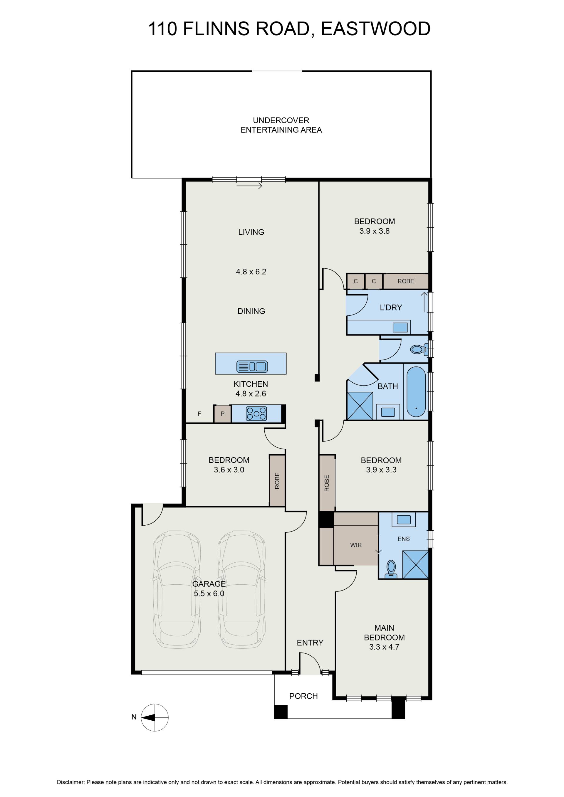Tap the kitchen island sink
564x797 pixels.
252,366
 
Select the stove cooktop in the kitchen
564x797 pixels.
256,413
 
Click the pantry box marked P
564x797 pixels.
222,413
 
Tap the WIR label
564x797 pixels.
356,545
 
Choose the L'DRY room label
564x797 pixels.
391,307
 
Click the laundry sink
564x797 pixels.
400,327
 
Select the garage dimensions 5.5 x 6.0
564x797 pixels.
209,593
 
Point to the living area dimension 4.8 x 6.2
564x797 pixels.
251,271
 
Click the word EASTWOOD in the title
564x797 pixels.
376,28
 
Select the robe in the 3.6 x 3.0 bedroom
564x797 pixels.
277,480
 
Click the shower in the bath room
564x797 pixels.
360,406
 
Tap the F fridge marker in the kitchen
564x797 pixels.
199,413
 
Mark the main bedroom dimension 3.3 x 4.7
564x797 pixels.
384,647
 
